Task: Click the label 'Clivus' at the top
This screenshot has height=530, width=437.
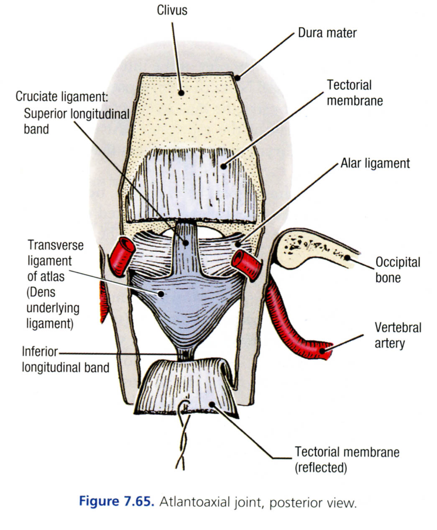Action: tap(172, 10)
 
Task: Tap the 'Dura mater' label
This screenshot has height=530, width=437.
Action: tap(327, 32)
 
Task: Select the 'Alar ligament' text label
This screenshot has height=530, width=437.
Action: tap(375, 163)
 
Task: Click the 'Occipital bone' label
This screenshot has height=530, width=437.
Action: tap(397, 270)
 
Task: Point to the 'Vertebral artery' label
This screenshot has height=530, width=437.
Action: tap(398, 335)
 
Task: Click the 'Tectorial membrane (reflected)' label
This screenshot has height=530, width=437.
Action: tap(347, 459)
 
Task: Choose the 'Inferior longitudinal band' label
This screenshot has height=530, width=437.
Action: tap(65, 359)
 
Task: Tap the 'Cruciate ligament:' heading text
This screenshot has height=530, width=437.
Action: tap(62, 97)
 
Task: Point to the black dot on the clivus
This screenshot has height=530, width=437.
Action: tap(181, 92)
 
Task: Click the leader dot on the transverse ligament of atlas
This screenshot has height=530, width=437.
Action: tap(161, 294)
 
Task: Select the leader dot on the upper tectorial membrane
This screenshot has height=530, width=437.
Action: tap(224, 166)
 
